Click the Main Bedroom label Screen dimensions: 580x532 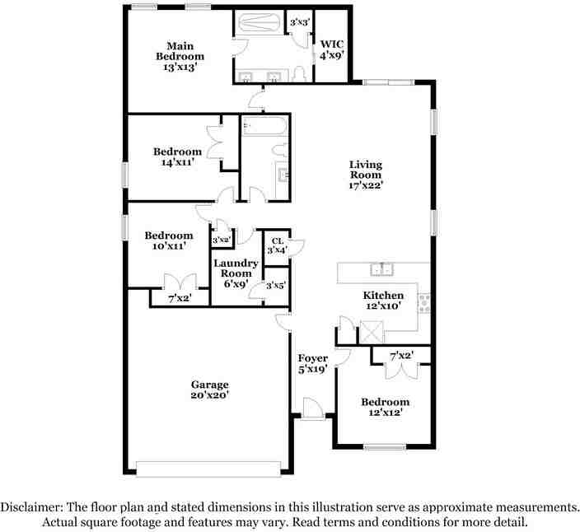[x=180, y=51]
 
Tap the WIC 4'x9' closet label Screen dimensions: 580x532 [x=332, y=49]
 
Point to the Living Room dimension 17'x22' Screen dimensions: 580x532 [x=366, y=185]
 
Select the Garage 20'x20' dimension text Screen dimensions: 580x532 [x=210, y=394]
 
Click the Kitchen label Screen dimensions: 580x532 [x=383, y=295]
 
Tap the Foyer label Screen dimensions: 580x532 [x=313, y=358]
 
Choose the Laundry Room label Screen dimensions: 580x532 [x=236, y=268]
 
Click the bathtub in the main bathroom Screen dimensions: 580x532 [x=259, y=23]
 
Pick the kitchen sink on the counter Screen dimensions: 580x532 [x=381, y=268]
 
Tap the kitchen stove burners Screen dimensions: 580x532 [x=424, y=303]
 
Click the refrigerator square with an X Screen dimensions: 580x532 [x=372, y=332]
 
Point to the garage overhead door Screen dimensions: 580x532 [x=208, y=469]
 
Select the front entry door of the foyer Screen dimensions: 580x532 [x=312, y=408]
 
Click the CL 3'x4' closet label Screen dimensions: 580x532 [x=278, y=245]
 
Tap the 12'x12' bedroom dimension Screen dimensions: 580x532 [x=385, y=413]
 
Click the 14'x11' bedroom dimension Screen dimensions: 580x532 [x=178, y=162]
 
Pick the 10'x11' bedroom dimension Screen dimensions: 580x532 [x=169, y=245]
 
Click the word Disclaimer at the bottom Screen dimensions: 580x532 [x=31, y=506]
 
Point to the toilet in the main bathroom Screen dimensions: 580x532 [x=299, y=73]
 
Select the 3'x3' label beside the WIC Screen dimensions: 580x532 [x=299, y=22]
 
